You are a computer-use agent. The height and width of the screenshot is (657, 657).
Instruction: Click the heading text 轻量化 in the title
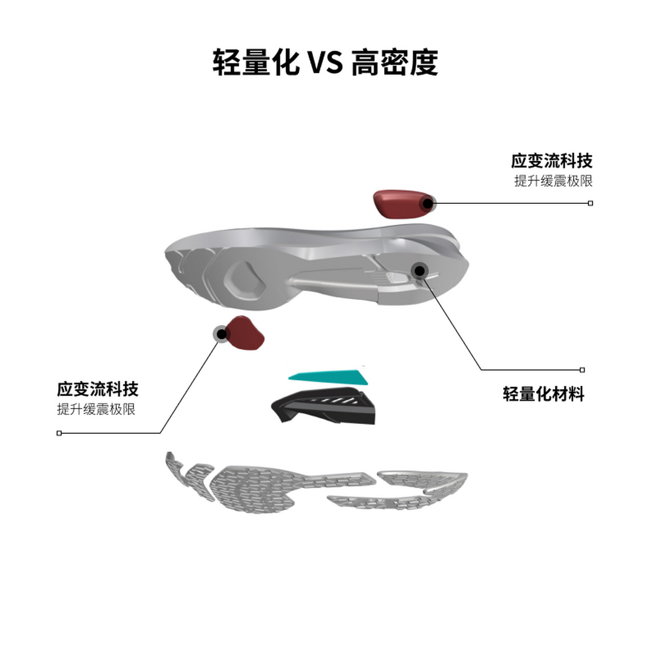click(256, 62)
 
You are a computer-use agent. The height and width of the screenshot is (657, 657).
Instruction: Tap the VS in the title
click(325, 63)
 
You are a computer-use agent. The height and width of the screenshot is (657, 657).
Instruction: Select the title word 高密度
click(394, 62)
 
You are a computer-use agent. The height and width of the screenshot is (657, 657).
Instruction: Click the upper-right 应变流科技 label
click(551, 161)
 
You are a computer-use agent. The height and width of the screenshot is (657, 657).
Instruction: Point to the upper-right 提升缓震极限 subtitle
click(553, 181)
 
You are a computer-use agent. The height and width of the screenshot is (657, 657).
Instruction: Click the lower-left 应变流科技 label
click(98, 389)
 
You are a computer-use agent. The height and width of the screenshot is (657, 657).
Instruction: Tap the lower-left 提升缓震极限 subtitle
click(96, 409)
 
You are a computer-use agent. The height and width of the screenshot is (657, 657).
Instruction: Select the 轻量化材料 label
click(544, 394)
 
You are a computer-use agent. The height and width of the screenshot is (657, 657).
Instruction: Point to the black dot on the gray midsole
click(419, 269)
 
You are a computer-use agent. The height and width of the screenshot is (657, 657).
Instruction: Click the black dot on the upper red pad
click(427, 203)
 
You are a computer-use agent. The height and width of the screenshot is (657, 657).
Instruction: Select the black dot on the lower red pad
click(221, 334)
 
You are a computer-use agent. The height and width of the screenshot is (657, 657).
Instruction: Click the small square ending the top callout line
click(590, 203)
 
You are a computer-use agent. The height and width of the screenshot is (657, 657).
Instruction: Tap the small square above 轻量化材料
click(582, 370)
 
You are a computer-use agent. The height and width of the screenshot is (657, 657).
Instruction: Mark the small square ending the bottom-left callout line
click(59, 433)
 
